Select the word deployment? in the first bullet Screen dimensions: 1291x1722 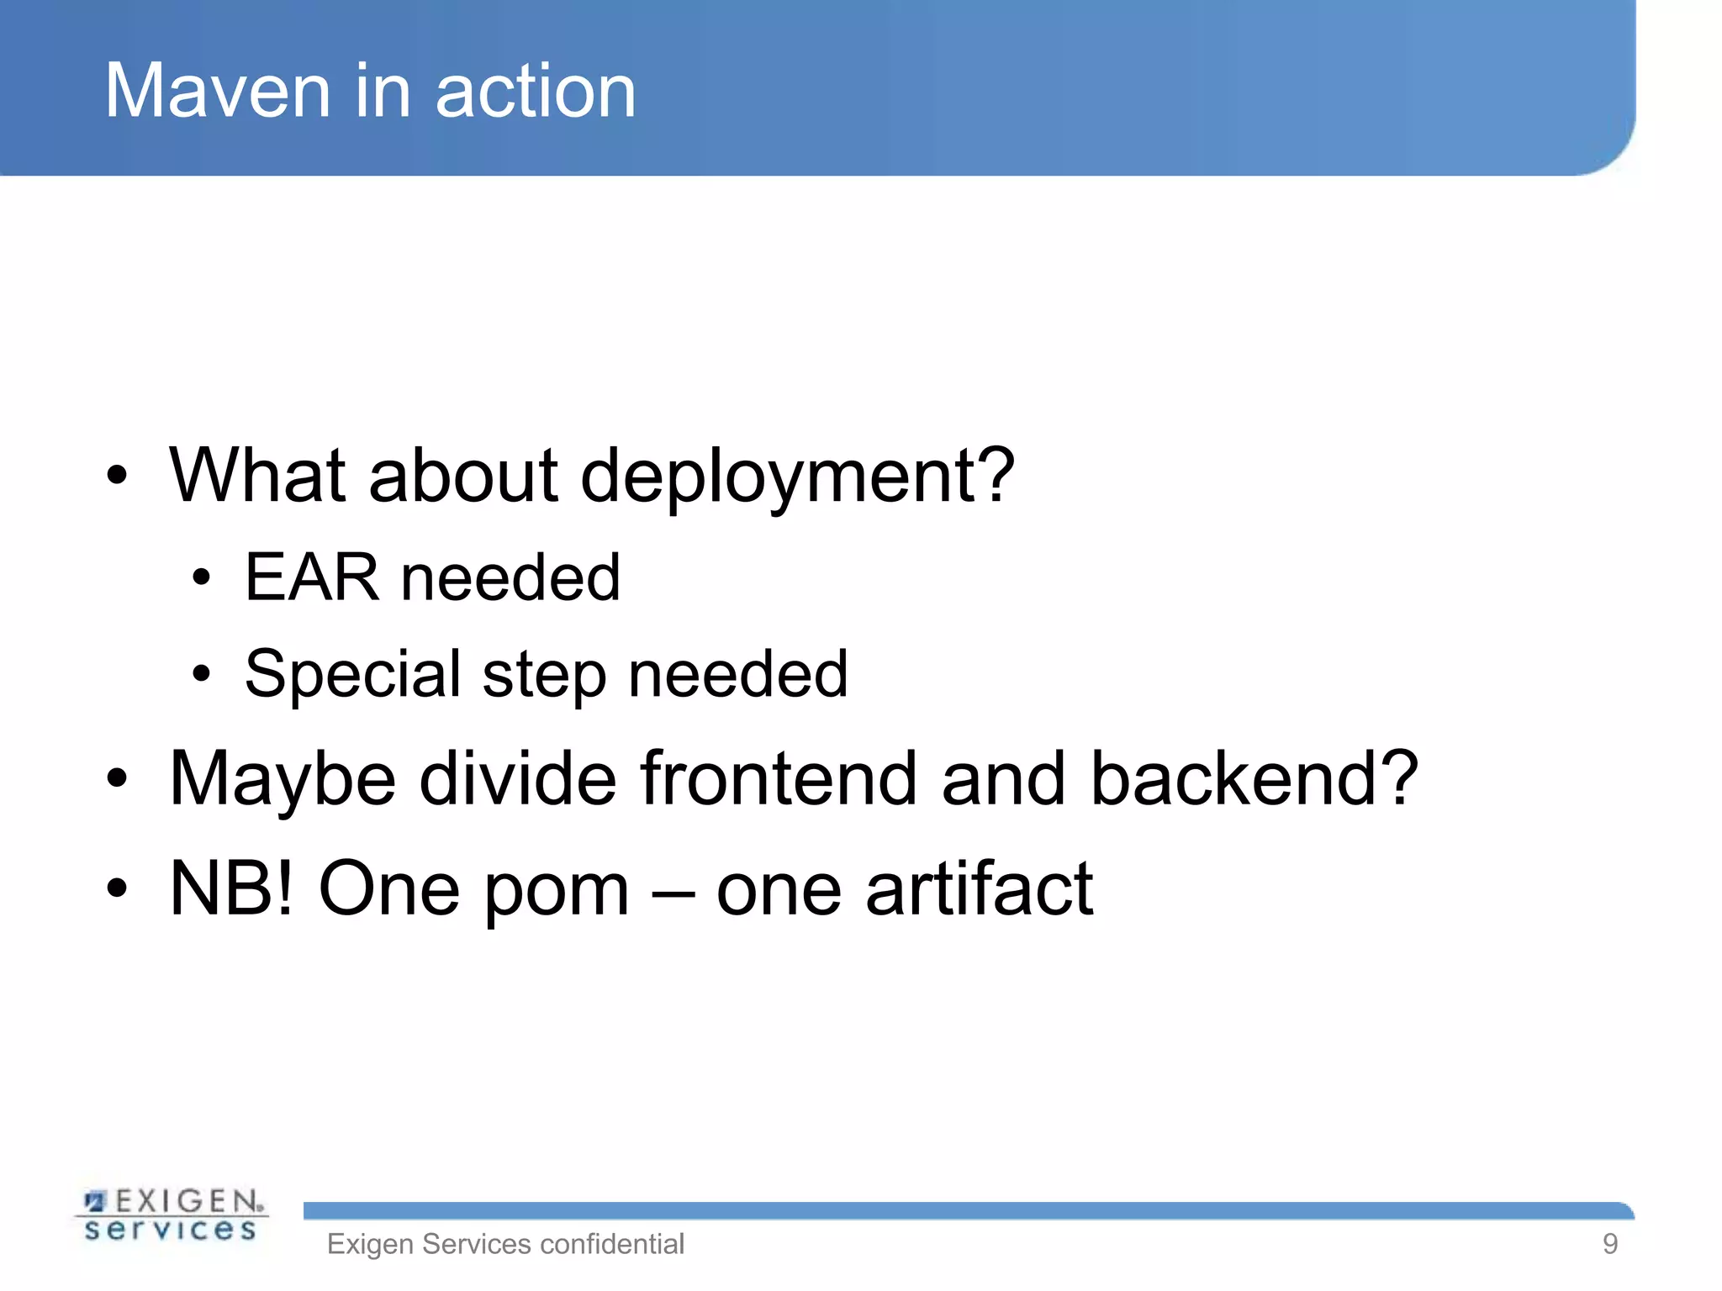pos(796,477)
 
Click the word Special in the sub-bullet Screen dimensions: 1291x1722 pos(352,675)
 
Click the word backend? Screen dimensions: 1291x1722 pos(1254,778)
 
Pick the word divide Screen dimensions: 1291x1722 pos(518,778)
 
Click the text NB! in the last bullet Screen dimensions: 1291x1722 pos(231,888)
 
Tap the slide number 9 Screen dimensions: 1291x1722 pos(1609,1244)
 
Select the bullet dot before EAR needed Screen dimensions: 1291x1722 pos(200,578)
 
